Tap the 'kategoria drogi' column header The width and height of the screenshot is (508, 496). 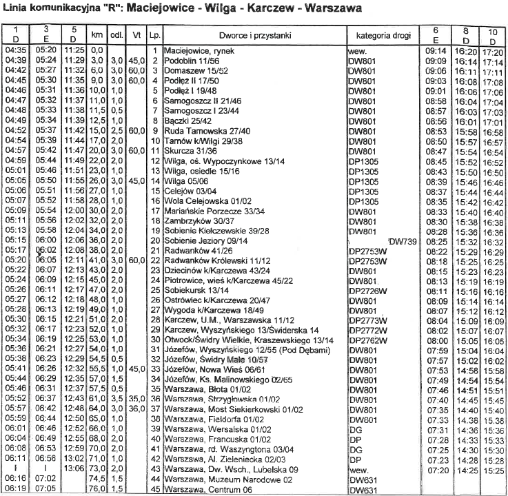380,34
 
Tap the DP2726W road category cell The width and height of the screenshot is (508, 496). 369,291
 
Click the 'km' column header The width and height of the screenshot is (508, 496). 96,34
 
